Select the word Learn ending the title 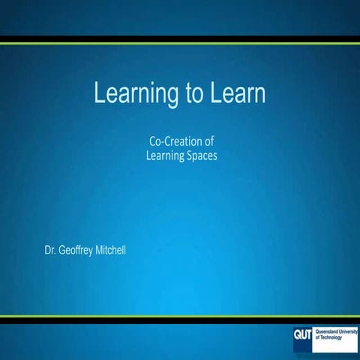point(235,94)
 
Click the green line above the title point(180,43)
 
